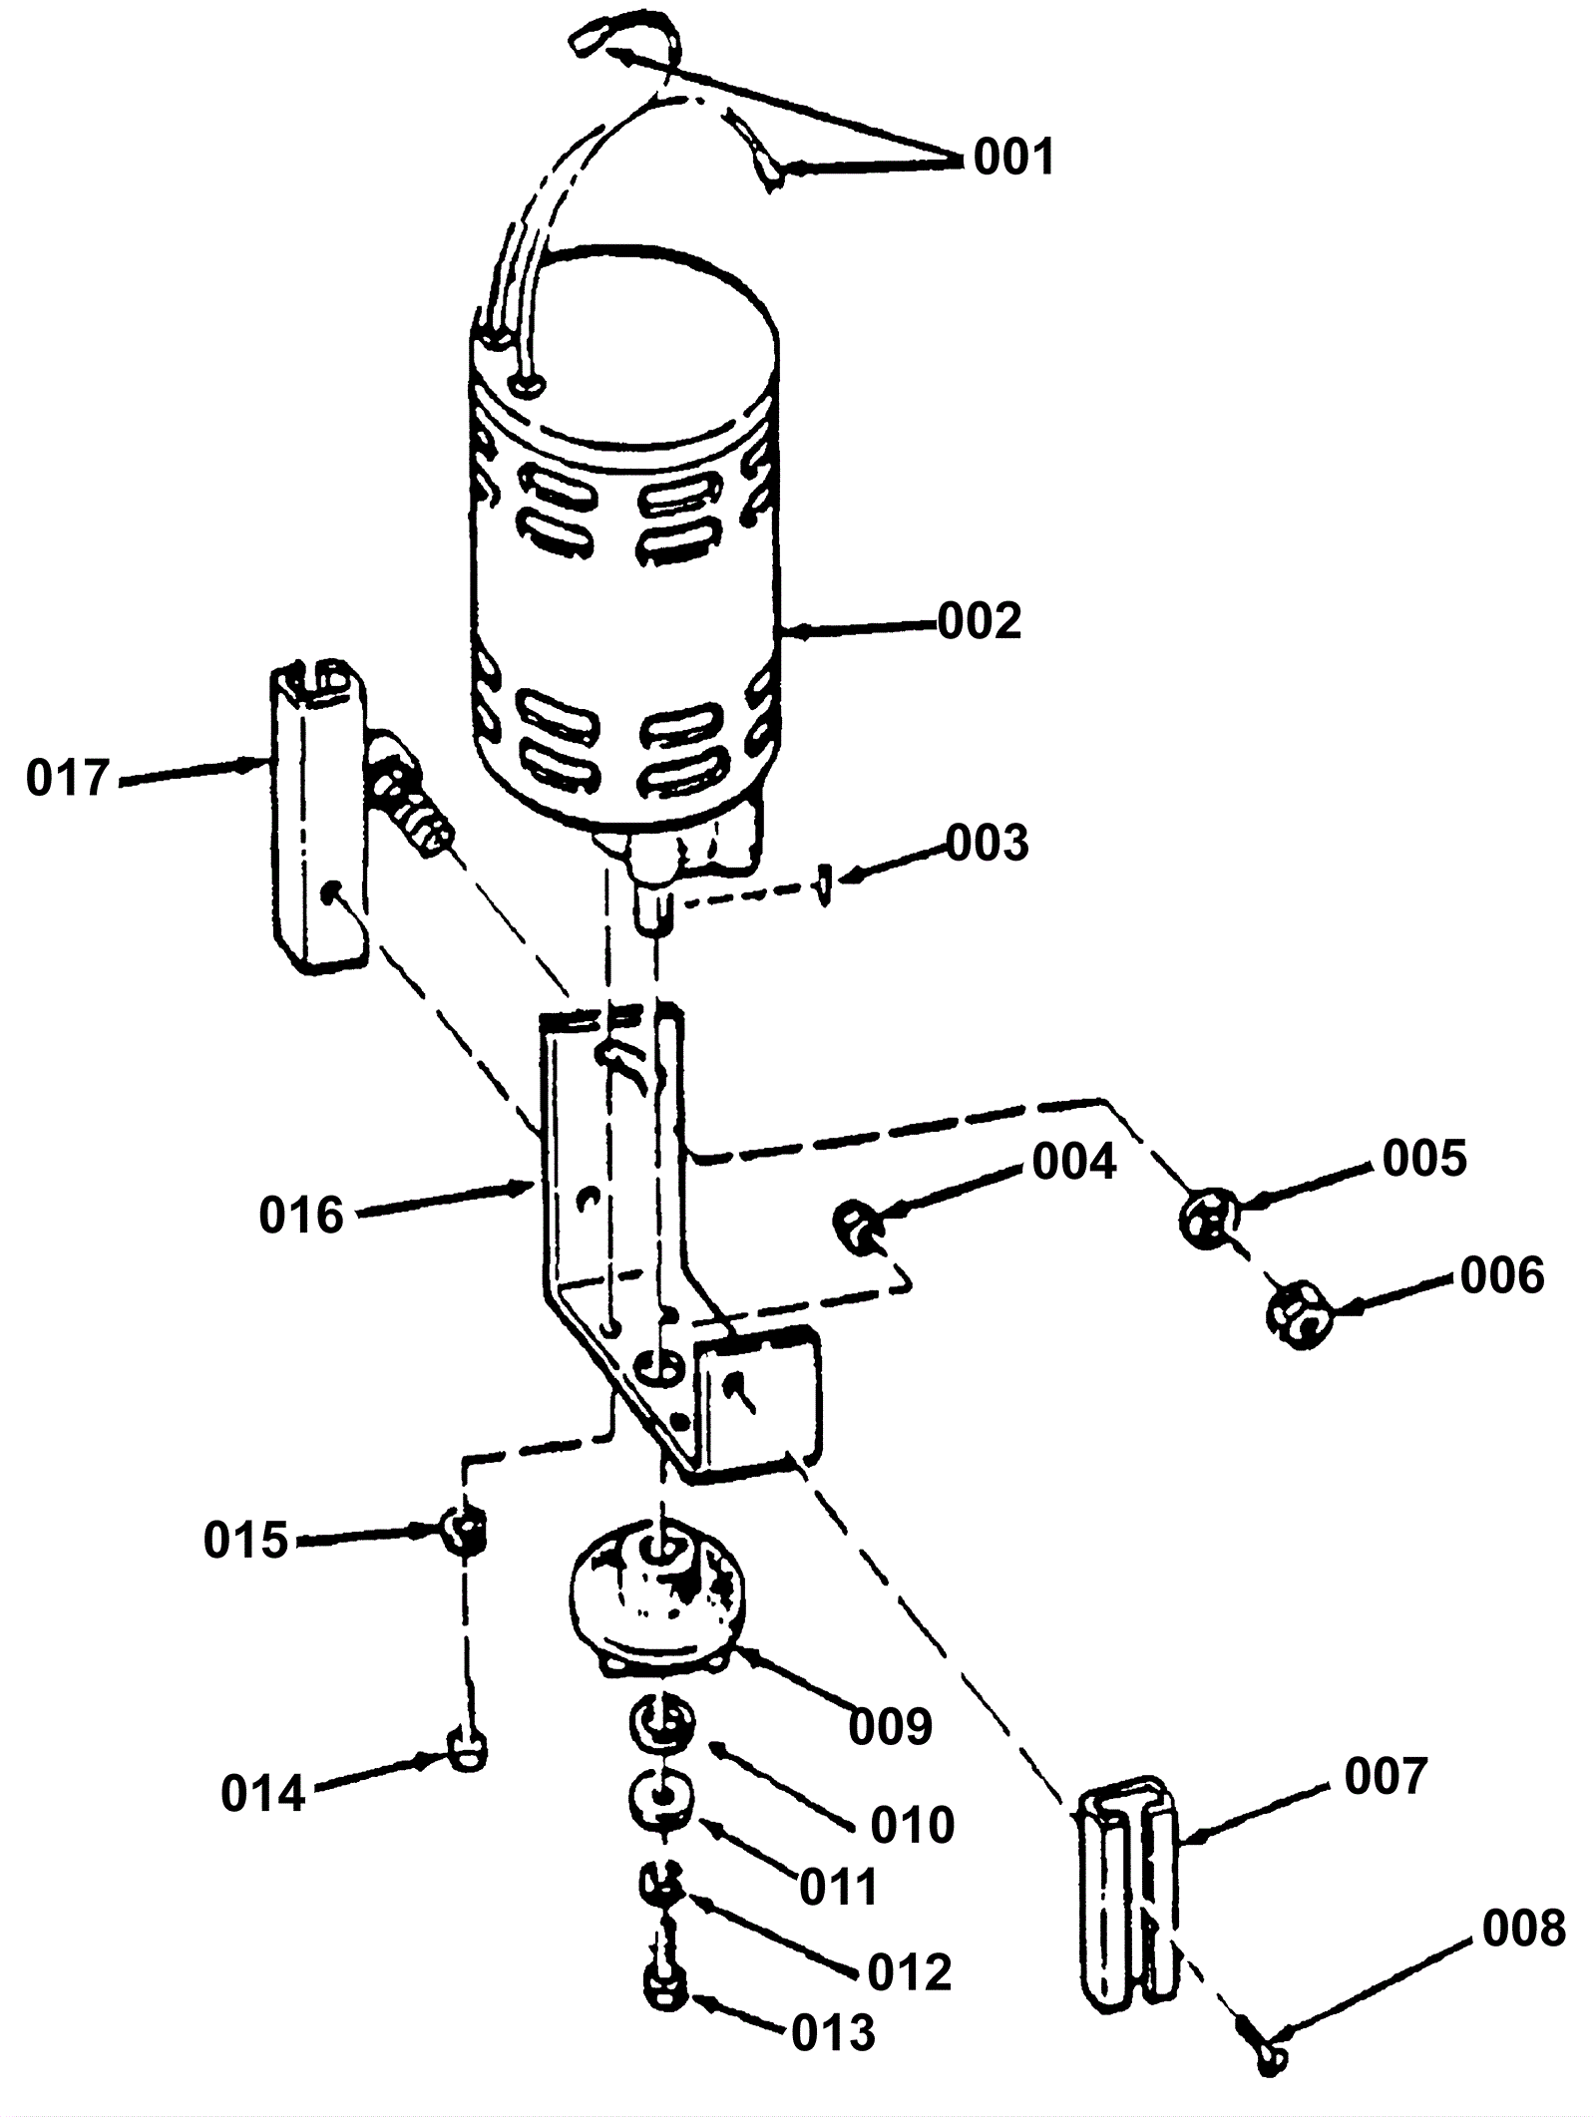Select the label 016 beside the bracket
[x=301, y=1216]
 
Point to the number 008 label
[x=1524, y=1930]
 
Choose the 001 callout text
[x=1013, y=158]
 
